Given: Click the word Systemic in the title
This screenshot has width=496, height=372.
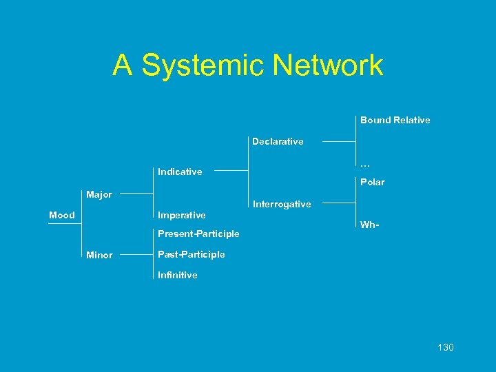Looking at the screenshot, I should pos(200,66).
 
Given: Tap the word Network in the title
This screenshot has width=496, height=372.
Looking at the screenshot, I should pos(327,66).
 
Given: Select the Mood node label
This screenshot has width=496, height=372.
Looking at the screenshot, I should pos(62,216).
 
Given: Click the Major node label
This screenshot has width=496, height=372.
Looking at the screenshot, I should pos(99,195).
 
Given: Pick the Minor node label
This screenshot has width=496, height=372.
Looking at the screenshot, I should pos(99,256).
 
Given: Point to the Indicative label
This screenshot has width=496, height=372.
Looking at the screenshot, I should pos(180,172).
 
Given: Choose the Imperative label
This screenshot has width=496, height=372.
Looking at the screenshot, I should pos(182,216).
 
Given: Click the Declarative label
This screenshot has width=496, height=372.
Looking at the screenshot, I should pos(278,142).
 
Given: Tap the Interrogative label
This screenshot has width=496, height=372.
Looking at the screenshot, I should pos(282,205).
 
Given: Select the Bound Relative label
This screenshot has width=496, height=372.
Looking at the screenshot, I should pos(395,121).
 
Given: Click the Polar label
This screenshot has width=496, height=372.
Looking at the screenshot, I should pos(372,183).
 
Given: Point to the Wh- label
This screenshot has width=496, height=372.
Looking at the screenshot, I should pos(370,225).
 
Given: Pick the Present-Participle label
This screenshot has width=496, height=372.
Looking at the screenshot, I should pos(198,234).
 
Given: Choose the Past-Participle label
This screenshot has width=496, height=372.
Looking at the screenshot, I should pos(191,255).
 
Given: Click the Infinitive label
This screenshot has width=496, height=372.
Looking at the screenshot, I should pos(177,276).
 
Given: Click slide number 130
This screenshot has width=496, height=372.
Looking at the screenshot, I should pos(445,347).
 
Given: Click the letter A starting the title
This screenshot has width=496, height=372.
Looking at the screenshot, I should pos(122,66).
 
